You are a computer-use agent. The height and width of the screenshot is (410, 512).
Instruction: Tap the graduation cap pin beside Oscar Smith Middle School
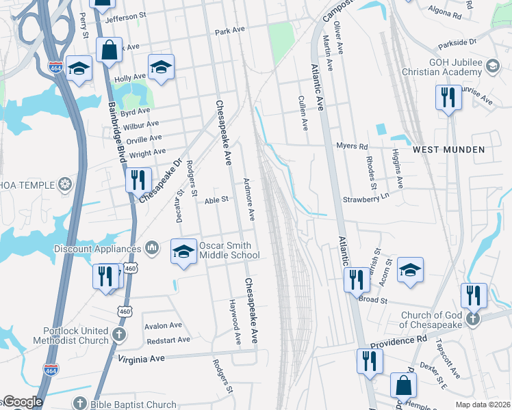[x=183, y=252]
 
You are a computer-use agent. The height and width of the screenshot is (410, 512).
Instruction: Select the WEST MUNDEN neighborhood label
[x=448, y=149]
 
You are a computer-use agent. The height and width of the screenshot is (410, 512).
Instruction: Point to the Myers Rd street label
[x=353, y=146]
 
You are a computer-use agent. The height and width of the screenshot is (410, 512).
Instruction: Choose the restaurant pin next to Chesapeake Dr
[x=139, y=180]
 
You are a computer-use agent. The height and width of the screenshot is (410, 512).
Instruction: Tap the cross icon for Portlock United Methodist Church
[x=119, y=335]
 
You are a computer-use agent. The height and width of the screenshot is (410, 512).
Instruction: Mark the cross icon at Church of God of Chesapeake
[x=473, y=319]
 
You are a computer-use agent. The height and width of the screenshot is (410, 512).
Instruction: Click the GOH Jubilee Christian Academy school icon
[x=492, y=66]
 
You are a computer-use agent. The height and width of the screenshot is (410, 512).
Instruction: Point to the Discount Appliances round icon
[x=153, y=248]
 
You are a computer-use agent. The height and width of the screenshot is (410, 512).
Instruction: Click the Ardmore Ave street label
[x=250, y=200]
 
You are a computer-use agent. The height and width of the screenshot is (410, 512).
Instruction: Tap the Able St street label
[x=216, y=200]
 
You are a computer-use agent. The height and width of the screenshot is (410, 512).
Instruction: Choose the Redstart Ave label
[x=168, y=340]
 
